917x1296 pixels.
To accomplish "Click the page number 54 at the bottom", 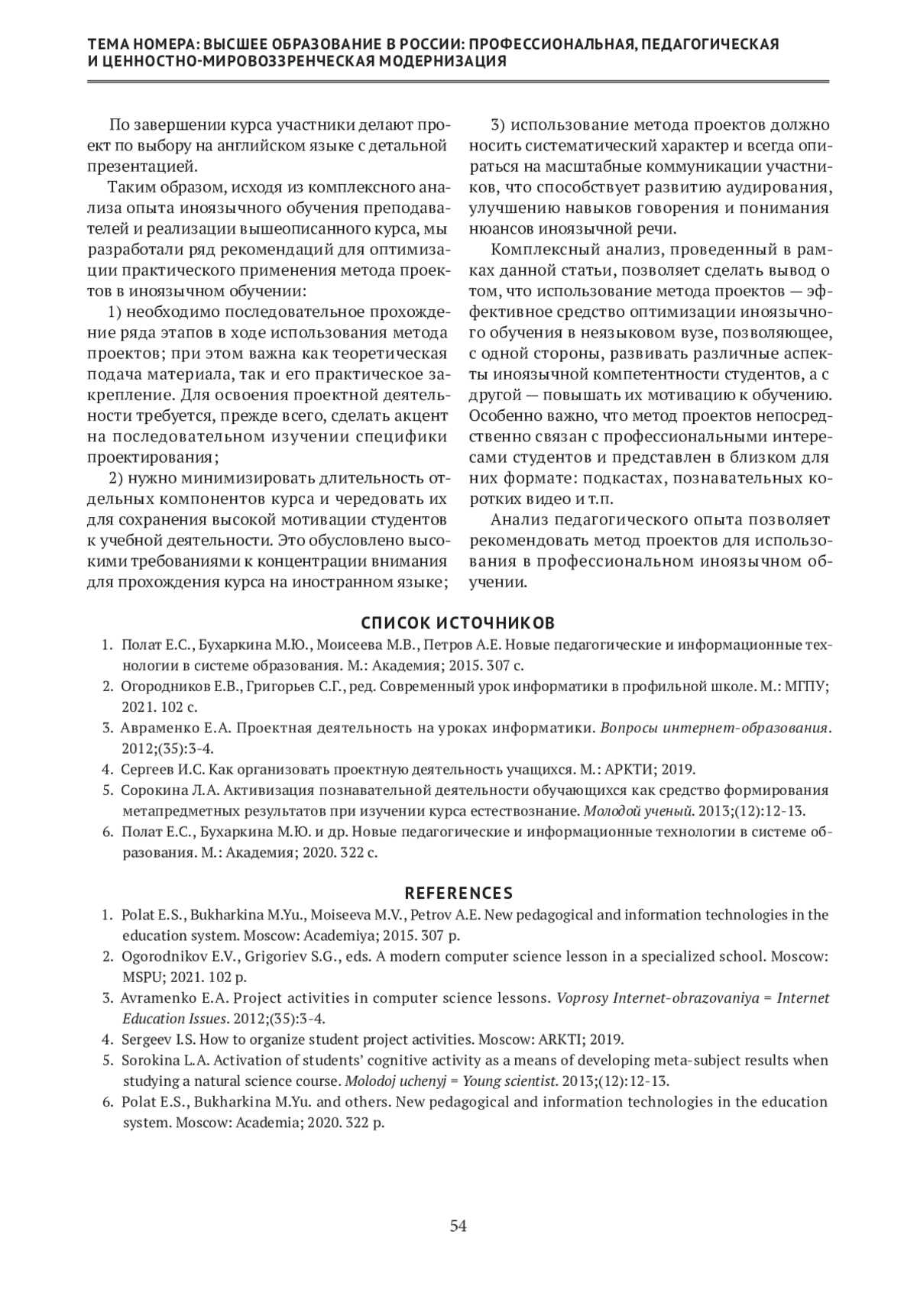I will [458, 1227].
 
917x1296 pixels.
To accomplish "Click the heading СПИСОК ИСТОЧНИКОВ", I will [458, 623].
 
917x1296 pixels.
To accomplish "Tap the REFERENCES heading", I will [458, 893].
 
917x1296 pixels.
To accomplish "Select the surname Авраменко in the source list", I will [157, 728].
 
